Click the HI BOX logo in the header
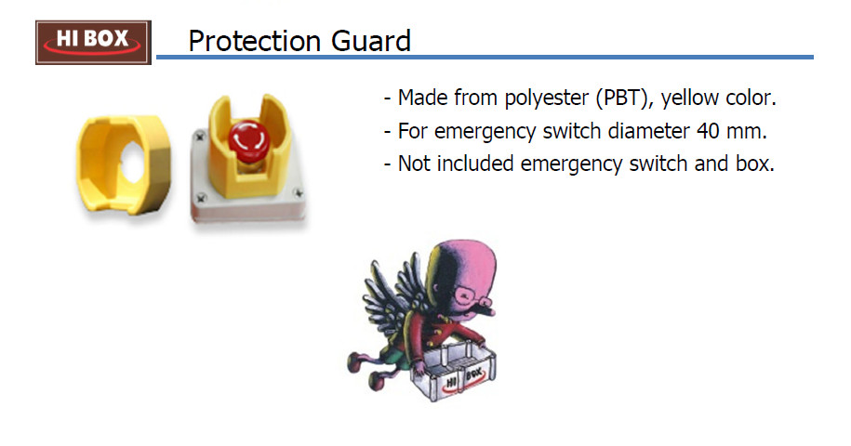pos(93,42)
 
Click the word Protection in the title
pos(254,41)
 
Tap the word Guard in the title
pos(371,41)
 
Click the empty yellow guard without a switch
pos(124,164)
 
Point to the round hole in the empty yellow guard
pos(132,163)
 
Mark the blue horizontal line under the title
pos(485,57)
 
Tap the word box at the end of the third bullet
pos(755,164)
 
